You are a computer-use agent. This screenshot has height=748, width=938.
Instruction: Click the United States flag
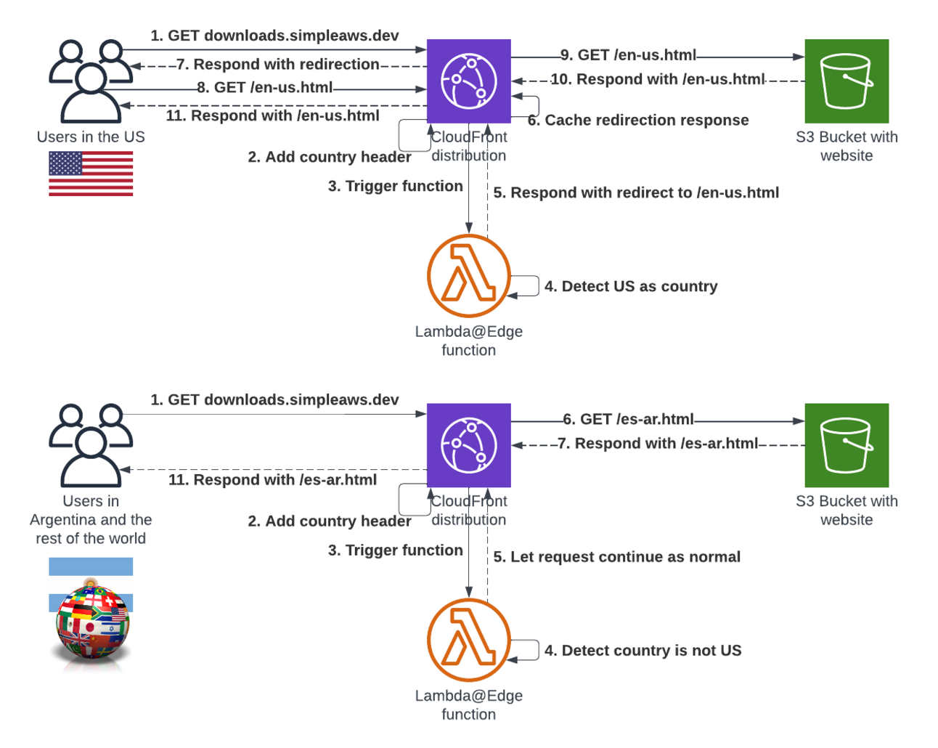coord(91,174)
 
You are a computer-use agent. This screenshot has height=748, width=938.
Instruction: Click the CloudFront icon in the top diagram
coord(468,81)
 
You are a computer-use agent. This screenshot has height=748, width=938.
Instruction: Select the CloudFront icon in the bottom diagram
coord(468,445)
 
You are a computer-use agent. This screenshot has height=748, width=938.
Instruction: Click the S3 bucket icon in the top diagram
coord(847,81)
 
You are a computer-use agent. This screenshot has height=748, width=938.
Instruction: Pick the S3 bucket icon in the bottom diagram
coord(847,445)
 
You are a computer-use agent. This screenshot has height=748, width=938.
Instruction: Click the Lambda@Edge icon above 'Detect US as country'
coord(468,275)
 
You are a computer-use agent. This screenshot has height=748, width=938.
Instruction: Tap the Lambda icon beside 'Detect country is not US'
coord(468,640)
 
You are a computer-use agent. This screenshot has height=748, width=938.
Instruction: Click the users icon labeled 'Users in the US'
coord(91,81)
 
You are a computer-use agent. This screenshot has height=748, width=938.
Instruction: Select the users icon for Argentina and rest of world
coord(91,445)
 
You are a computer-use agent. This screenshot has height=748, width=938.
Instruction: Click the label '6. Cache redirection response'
coord(638,121)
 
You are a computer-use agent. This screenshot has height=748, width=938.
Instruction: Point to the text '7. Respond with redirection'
coord(278,65)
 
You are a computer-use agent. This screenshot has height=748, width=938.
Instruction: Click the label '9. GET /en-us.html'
coord(628,55)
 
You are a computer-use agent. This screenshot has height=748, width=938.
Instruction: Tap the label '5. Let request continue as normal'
coord(617,557)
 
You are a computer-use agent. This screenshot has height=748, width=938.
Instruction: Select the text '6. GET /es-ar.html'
coord(629,419)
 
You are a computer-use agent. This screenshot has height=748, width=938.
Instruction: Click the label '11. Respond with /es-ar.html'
coord(273,480)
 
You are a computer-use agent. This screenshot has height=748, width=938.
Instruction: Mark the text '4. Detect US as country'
coord(631,287)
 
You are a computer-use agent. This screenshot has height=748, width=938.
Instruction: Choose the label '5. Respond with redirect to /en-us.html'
coord(636,193)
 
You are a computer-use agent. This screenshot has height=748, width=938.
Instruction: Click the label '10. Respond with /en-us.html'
coord(657,80)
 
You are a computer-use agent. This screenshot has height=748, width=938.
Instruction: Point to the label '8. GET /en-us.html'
coord(265,88)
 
